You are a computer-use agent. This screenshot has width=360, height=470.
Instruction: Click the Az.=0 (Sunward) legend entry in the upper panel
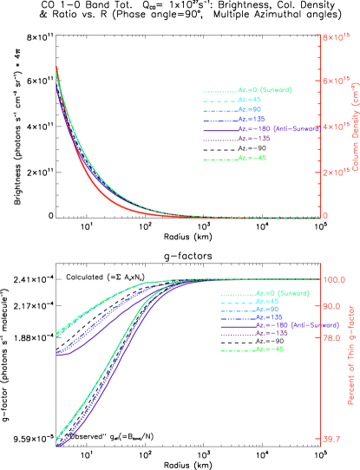(x=264, y=90)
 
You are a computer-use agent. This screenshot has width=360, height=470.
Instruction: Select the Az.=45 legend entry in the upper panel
(x=250, y=100)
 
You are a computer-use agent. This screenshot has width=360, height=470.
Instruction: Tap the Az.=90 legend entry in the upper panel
(x=250, y=110)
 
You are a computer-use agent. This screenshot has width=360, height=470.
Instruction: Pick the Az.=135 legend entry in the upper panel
(x=251, y=120)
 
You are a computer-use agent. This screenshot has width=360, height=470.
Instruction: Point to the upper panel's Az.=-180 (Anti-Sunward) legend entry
(x=272, y=129)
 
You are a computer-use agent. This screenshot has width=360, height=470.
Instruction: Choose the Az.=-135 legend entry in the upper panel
(x=252, y=139)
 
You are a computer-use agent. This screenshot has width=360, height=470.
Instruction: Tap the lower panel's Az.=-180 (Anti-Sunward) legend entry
(x=290, y=324)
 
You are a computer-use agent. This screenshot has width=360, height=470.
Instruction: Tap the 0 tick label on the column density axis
(x=325, y=216)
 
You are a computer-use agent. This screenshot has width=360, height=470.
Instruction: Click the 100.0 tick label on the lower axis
(x=335, y=279)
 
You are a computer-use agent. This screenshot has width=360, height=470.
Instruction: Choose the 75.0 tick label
(x=333, y=339)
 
